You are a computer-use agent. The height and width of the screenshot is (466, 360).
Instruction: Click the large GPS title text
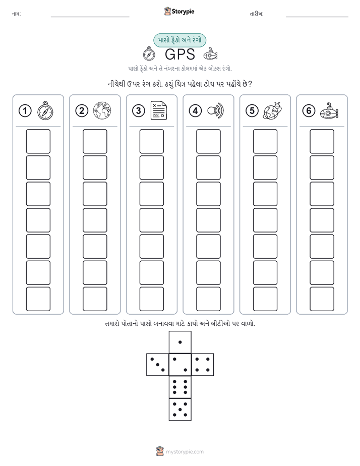179,54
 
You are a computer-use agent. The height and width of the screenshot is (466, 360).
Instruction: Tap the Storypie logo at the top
179,12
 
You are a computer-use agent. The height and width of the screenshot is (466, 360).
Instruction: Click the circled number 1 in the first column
25,111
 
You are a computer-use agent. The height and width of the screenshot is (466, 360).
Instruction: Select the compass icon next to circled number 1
45,111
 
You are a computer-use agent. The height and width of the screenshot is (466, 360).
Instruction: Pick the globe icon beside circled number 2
102,110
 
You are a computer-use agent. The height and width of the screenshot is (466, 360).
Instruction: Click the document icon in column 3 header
159,110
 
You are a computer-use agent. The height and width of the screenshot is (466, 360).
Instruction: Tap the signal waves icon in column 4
216,110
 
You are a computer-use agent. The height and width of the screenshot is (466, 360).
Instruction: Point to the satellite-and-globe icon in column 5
272,110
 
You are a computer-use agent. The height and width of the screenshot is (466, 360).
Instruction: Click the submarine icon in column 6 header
329,111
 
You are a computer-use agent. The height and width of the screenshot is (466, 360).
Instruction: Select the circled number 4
195,111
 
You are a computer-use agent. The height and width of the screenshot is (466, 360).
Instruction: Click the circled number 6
309,111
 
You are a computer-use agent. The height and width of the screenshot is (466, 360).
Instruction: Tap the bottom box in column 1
38,299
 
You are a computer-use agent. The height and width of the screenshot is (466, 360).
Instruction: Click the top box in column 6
322,141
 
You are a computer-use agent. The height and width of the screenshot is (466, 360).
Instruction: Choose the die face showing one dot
180,342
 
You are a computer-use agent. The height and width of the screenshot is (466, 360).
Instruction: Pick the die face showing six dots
180,387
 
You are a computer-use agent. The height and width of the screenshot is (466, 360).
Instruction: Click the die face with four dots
203,365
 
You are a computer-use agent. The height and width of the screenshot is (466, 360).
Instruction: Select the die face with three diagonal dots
158,365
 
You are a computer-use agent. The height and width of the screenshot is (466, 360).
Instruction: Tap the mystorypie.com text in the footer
185,452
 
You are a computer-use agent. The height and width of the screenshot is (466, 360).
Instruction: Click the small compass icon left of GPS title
149,54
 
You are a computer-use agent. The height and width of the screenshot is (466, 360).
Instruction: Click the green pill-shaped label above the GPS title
179,40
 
